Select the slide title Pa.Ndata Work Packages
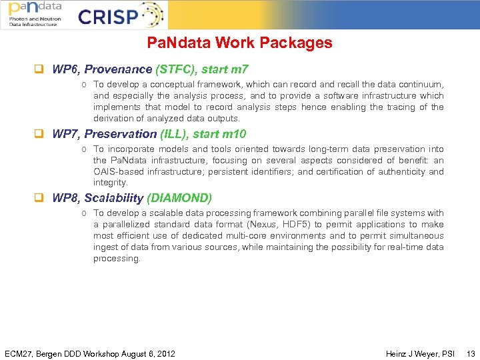pyautogui.click(x=239, y=43)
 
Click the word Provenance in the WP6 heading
pyautogui.click(x=118, y=69)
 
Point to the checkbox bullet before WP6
pyautogui.click(x=39, y=69)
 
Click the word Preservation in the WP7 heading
pyautogui.click(x=121, y=134)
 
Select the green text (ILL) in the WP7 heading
pyautogui.click(x=175, y=134)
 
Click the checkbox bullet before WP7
pyautogui.click(x=39, y=134)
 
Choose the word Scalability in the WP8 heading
pyautogui.click(x=114, y=198)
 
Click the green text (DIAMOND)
pyautogui.click(x=179, y=198)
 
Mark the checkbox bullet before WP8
pyautogui.click(x=39, y=198)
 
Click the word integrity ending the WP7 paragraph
pyautogui.click(x=109, y=183)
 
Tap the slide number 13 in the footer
pyautogui.click(x=471, y=353)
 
